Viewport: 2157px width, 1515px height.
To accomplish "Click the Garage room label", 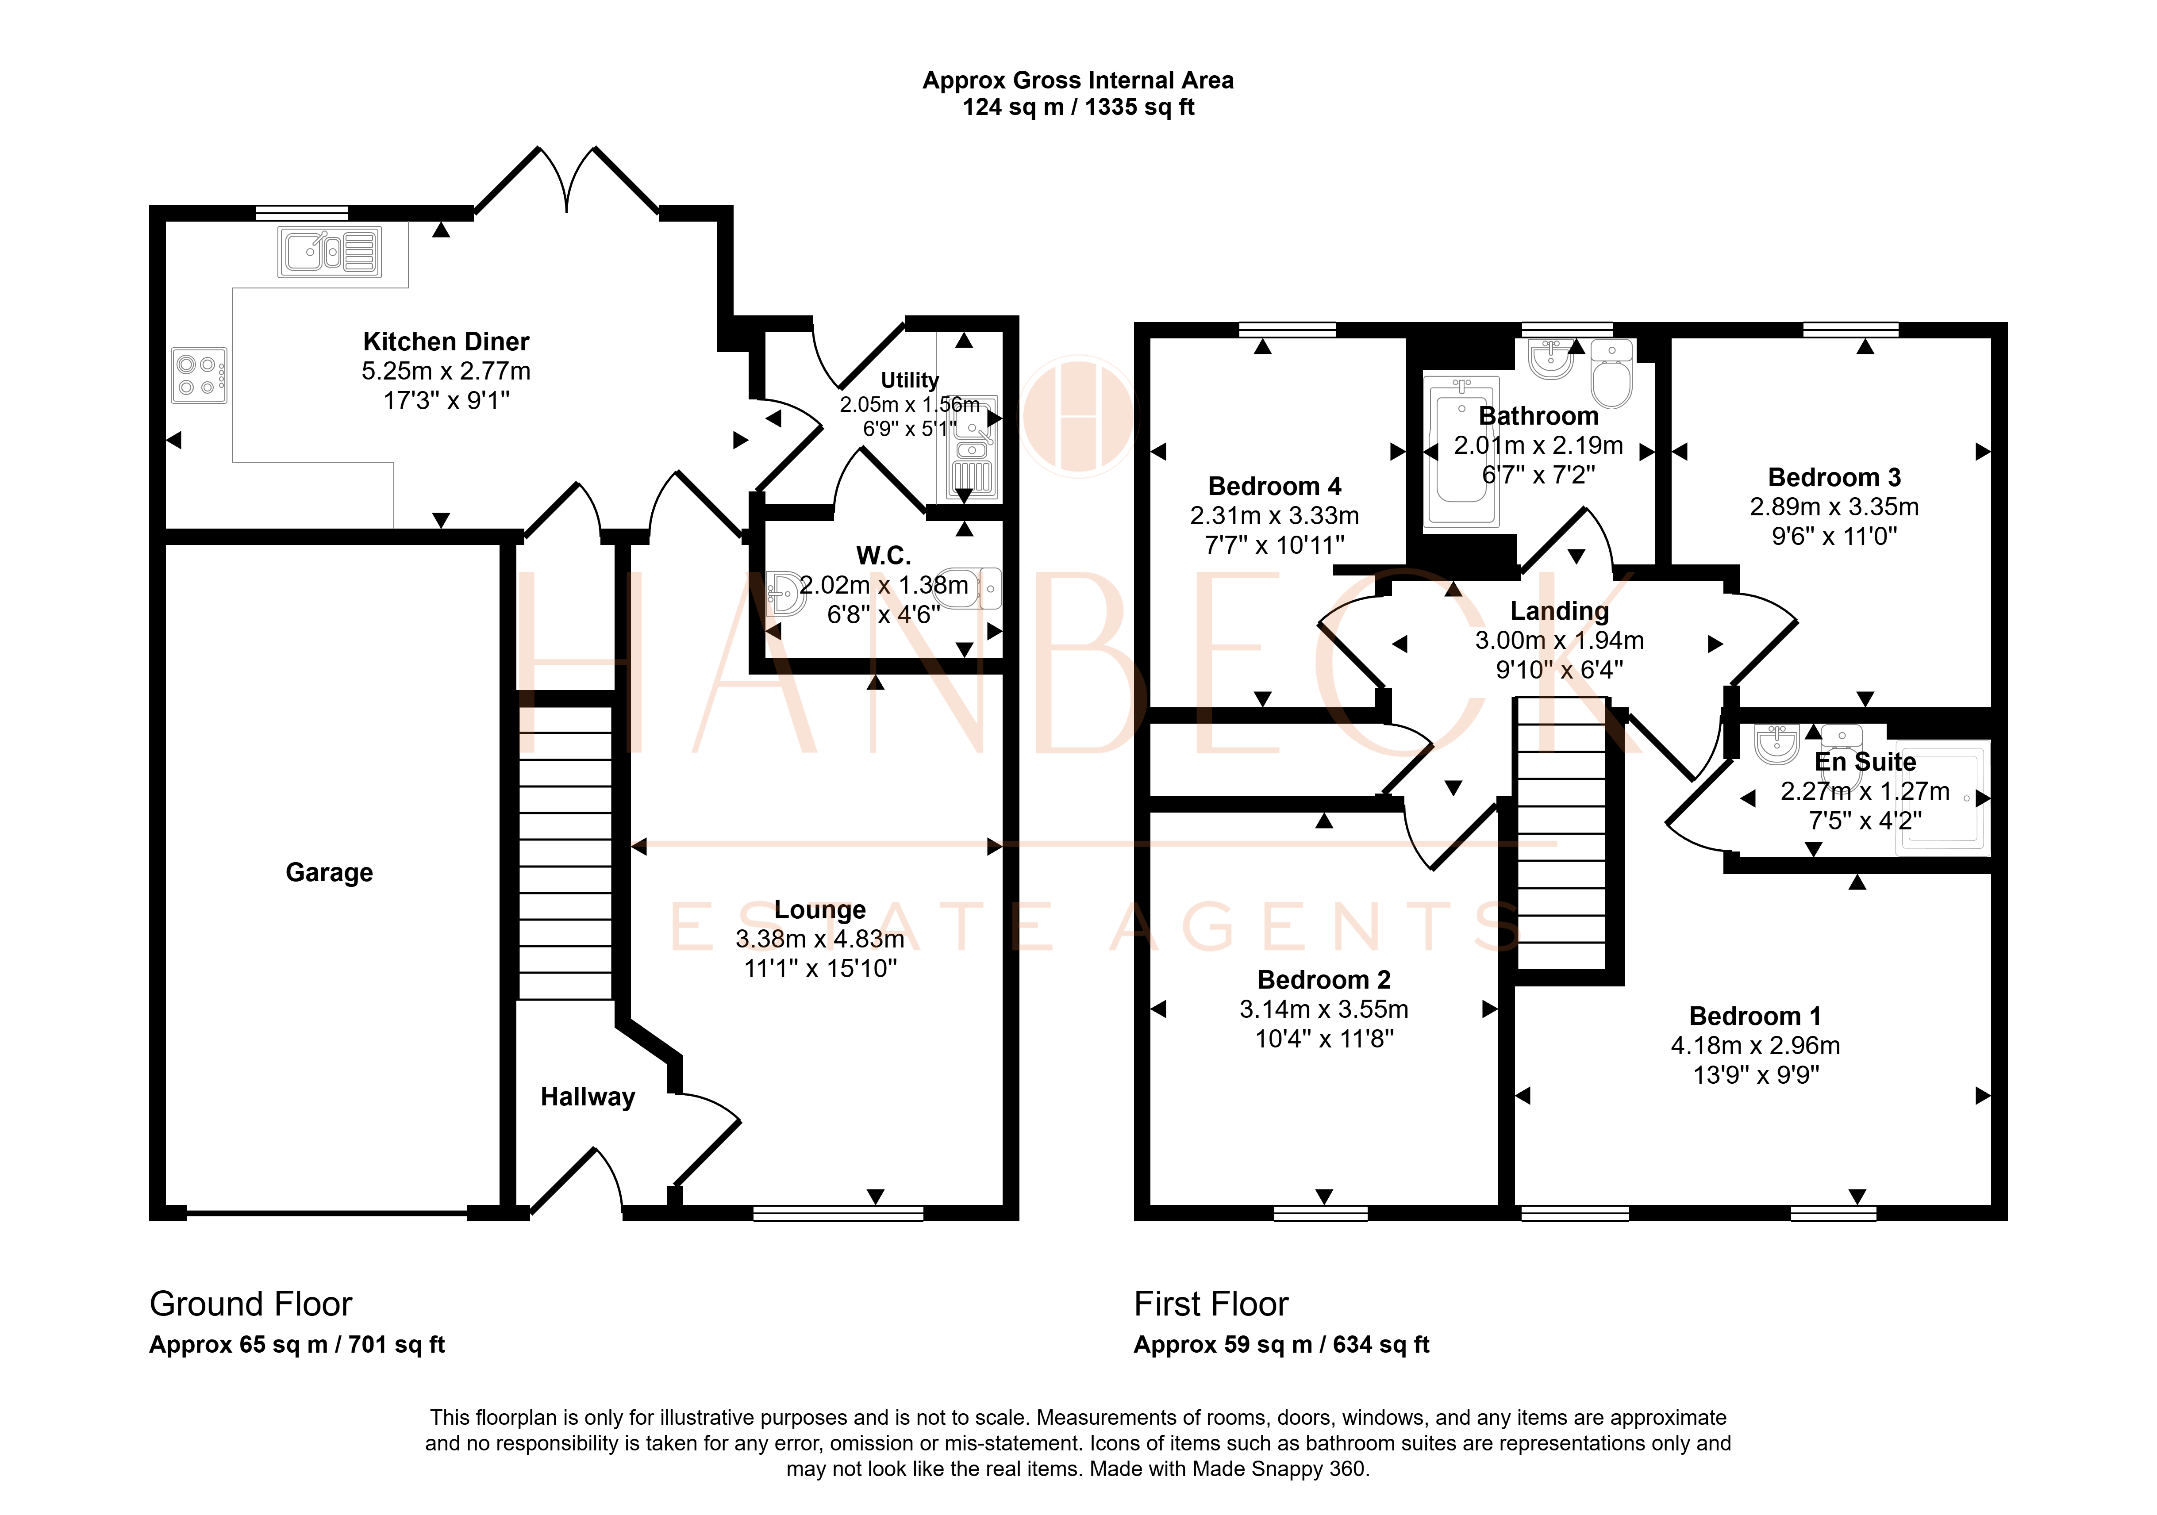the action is tap(329, 873).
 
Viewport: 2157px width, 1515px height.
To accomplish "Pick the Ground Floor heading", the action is tap(251, 1304).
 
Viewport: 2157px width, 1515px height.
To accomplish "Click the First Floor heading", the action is tap(1211, 1304).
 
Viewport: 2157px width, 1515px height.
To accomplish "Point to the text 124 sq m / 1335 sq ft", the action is tap(1079, 107).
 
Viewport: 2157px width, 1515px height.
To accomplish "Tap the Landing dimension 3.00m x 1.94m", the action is tap(1560, 641).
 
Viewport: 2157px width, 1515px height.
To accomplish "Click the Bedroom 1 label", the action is tap(1755, 1016).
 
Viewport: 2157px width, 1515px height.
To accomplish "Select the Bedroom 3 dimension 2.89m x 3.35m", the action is tap(1834, 507).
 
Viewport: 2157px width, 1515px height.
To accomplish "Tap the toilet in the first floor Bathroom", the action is tap(1612, 375).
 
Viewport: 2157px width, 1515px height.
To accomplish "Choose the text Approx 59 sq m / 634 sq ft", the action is tap(1281, 1345).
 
